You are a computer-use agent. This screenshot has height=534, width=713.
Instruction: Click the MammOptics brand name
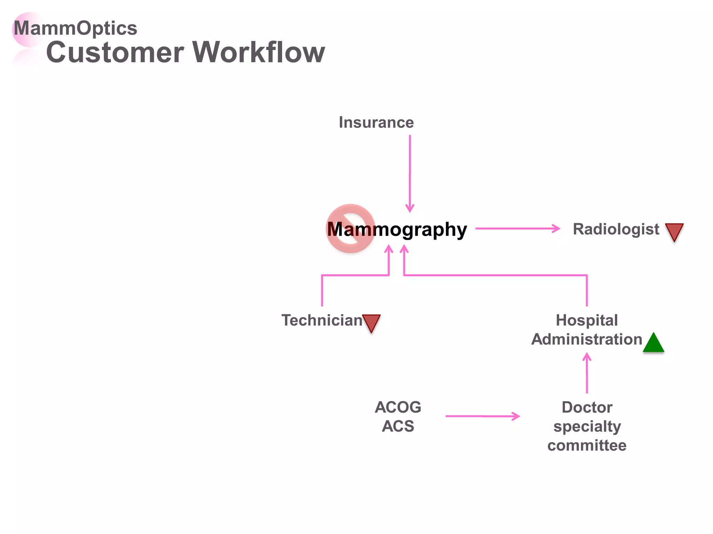tap(75, 28)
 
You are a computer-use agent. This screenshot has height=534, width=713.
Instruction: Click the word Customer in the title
tap(115, 52)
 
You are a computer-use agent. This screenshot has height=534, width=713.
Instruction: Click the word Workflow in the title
tap(259, 52)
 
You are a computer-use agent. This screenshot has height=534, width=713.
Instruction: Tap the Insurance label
tap(376, 122)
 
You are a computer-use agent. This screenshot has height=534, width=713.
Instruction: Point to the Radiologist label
tap(616, 229)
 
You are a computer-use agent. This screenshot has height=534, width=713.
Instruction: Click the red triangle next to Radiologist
tap(674, 231)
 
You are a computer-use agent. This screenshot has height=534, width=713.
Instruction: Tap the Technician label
tap(322, 320)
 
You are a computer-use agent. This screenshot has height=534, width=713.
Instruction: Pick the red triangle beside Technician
tap(371, 322)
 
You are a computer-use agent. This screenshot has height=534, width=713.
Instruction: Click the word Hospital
tap(587, 320)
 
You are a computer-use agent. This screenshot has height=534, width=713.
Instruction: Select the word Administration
tap(587, 339)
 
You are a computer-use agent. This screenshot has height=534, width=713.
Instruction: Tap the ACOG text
tap(398, 407)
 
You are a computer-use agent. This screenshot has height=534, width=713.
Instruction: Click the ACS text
tap(398, 426)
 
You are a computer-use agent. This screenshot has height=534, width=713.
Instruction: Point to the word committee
tap(587, 445)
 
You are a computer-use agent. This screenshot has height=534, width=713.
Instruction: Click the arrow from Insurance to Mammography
tap(410, 174)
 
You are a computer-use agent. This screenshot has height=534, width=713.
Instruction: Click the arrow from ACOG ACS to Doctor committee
tap(482, 416)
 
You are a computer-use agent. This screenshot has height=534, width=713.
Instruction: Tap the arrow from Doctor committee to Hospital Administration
tap(587, 374)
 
